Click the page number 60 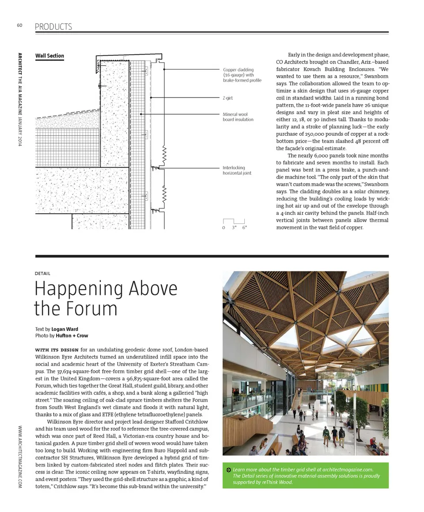point(19,25)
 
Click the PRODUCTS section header point(53,27)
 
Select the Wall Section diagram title point(49,56)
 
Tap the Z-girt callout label point(228,98)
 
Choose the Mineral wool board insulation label point(238,117)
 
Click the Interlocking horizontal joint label point(237,170)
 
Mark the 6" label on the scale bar point(244,228)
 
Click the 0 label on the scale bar point(224,228)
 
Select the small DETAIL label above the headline point(42,274)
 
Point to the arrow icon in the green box point(228,469)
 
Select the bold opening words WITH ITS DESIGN point(57,350)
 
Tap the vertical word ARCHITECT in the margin point(20,66)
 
